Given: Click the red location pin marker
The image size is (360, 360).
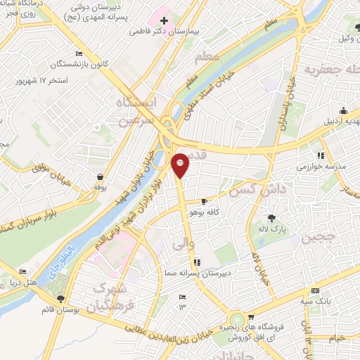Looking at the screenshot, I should (181, 164).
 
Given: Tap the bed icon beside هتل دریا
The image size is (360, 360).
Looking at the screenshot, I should (22, 272).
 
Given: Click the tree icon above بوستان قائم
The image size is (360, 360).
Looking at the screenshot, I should (60, 297).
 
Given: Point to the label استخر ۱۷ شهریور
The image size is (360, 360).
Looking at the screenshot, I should (41, 80).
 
